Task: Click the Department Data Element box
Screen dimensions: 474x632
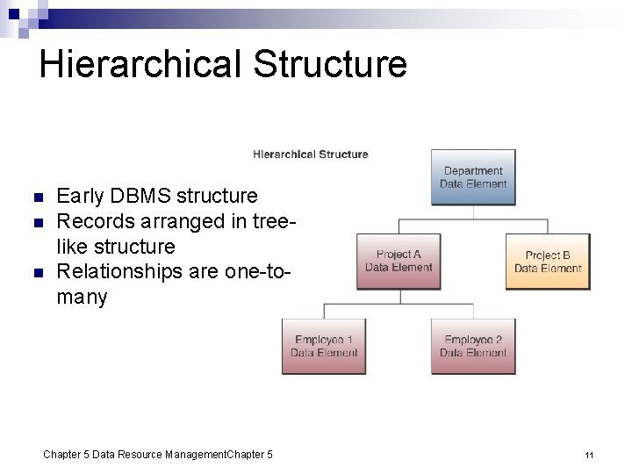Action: coord(473,177)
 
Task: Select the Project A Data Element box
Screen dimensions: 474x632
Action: coord(399,261)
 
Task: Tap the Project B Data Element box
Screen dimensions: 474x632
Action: coord(548,261)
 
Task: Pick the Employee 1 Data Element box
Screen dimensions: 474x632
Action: coord(324,346)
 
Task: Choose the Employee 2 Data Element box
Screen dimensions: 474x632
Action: coord(473,346)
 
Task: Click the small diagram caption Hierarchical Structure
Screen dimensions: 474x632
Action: coord(311,154)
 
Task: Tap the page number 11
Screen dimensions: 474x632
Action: coord(589,455)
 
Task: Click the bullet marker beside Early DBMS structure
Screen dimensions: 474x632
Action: coord(36,197)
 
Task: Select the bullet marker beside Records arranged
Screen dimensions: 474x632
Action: coord(36,222)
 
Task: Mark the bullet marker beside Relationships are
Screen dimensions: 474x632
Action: coord(36,273)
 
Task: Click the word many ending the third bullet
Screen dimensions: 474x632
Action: coord(82,298)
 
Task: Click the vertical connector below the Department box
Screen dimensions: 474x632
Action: coord(473,212)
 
